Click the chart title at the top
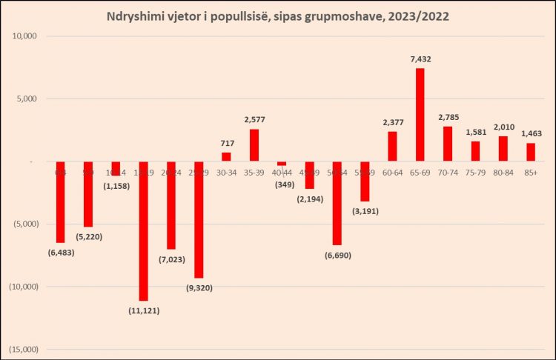click(x=278, y=15)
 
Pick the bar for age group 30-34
click(x=226, y=157)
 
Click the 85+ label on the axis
click(x=531, y=172)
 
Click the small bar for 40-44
click(x=282, y=164)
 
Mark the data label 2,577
click(x=254, y=119)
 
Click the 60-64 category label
click(x=392, y=172)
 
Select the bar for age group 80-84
click(x=503, y=149)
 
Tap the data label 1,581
click(x=475, y=133)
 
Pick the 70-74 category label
click(x=448, y=172)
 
